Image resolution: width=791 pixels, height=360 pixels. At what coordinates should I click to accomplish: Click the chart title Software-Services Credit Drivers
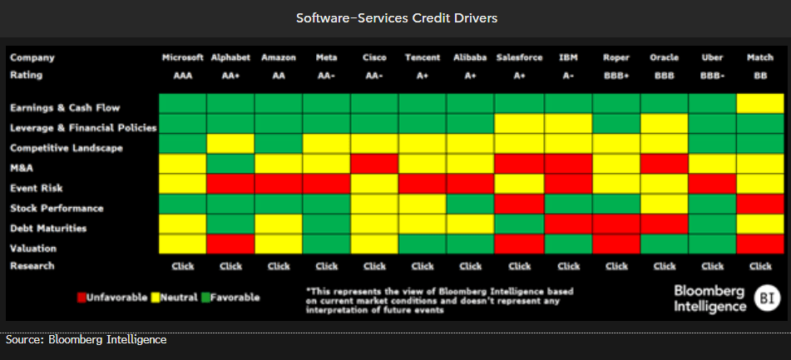[396, 17]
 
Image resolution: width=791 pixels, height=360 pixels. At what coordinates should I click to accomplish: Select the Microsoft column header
[183, 58]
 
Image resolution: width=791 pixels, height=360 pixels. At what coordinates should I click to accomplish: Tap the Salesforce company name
[519, 58]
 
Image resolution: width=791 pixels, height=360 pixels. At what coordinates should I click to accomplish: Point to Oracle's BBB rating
[664, 74]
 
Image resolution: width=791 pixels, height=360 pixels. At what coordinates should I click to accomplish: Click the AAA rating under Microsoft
[183, 74]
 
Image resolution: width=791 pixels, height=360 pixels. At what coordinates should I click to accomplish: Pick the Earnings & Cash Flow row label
[65, 107]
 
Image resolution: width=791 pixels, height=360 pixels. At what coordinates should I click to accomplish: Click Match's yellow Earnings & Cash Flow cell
[760, 104]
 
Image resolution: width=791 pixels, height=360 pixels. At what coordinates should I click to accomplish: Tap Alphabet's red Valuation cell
[230, 244]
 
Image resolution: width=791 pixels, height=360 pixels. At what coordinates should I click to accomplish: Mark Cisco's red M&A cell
[374, 164]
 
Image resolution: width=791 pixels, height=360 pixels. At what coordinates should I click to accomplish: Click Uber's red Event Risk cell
[712, 184]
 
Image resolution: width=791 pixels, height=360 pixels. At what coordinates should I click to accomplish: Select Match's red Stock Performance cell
[760, 204]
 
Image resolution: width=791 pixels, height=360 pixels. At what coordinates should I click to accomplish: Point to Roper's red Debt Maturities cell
[616, 224]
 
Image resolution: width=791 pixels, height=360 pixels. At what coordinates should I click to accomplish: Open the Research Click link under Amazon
[279, 266]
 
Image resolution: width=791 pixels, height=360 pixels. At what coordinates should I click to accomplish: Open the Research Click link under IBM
[568, 266]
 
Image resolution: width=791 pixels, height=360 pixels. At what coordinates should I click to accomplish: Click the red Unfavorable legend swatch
[82, 297]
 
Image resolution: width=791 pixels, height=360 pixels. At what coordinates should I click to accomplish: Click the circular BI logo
[766, 298]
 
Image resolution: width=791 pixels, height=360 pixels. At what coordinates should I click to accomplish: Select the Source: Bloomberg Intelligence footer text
[87, 340]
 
